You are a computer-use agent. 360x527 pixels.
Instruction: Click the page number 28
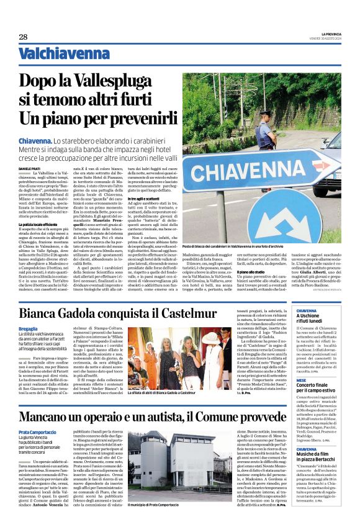24,37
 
